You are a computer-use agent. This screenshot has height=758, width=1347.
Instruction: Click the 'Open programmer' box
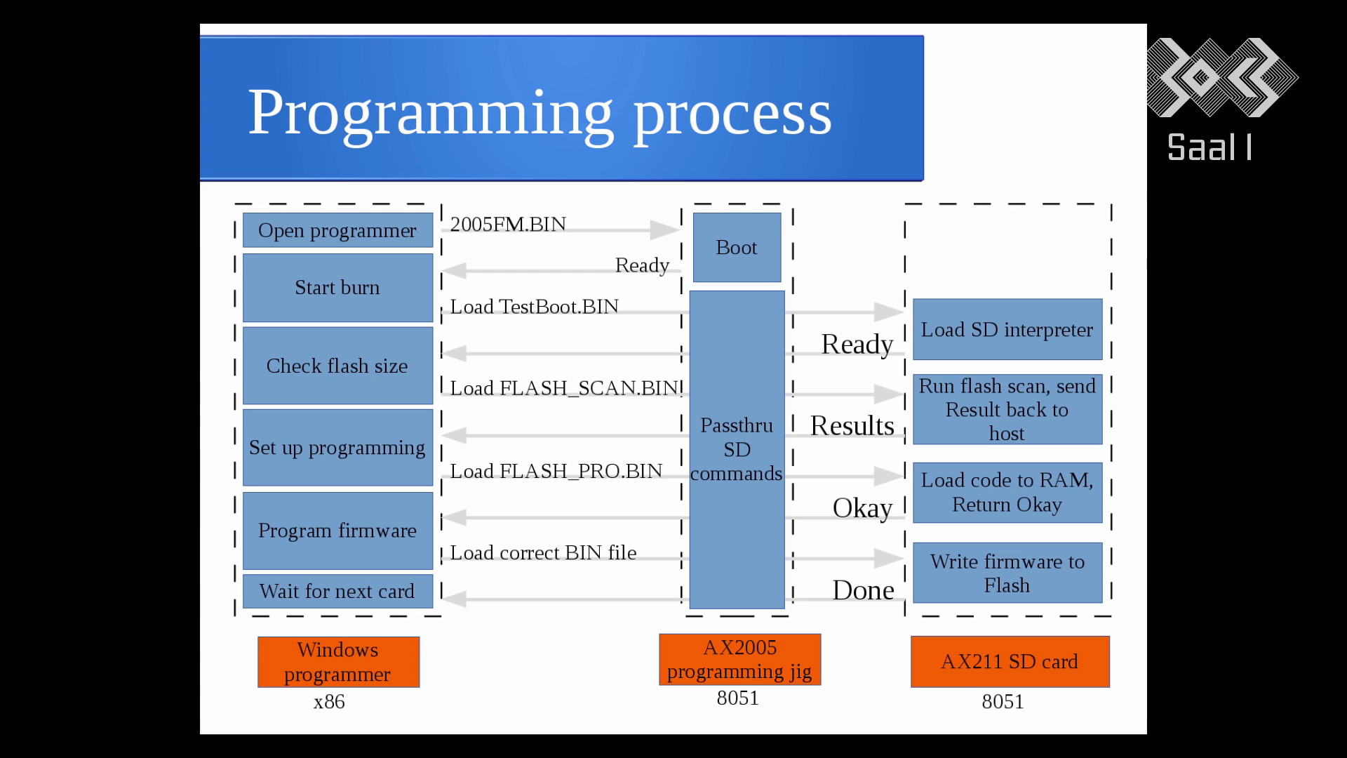337,230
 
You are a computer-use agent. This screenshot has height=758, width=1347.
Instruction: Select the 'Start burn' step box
337,288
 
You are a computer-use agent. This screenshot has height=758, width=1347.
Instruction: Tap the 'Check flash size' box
337,366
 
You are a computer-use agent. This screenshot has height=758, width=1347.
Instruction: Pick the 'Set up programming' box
337,448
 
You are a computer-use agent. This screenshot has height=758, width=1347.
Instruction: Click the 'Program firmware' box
337,531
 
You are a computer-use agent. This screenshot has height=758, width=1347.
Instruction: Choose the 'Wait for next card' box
337,591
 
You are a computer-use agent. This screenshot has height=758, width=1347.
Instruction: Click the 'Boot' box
737,247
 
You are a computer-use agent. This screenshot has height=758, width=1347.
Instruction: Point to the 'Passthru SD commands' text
737,449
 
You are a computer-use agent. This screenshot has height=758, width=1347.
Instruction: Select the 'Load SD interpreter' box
1007,329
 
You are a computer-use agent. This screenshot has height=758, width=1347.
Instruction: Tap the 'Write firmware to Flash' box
1007,573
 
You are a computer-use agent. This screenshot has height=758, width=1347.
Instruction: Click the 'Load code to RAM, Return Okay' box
1007,493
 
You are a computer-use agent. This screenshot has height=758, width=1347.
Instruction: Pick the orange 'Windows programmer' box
338,662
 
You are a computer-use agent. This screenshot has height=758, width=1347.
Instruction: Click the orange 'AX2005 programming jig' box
739,659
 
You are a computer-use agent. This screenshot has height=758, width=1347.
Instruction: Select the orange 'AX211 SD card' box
1010,661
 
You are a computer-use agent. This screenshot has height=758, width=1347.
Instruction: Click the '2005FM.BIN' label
508,225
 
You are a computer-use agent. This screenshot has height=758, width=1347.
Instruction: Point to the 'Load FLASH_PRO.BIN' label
556,471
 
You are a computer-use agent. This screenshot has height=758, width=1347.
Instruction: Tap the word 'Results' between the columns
852,425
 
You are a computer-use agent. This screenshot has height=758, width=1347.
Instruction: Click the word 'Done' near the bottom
864,590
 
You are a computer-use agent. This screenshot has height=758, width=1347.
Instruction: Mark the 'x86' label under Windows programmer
329,702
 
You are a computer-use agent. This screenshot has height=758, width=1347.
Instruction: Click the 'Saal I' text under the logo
1209,147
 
